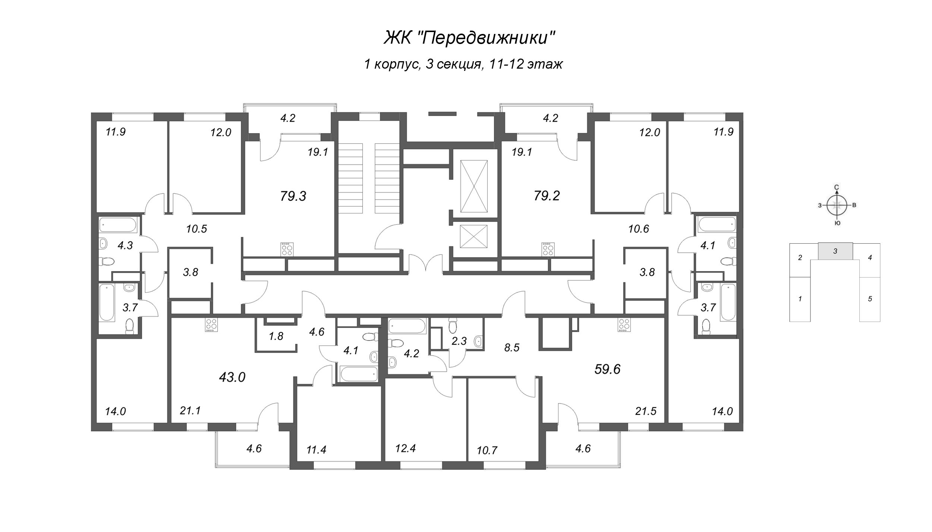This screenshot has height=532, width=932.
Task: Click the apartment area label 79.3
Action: (293, 196)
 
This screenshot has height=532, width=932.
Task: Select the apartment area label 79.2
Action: (547, 195)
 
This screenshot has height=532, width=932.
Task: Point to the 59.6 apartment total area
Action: (607, 369)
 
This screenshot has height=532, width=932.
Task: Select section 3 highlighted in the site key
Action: (835, 251)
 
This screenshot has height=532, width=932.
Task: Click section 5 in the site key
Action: (870, 299)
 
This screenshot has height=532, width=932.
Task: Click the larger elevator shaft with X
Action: (474, 186)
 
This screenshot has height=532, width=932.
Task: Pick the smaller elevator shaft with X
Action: (474, 236)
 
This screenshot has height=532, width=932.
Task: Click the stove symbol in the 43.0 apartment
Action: (211, 325)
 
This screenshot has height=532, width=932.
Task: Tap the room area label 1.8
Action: (276, 336)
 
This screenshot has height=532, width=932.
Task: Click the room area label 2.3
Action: (459, 341)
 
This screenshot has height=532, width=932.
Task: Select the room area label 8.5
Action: (511, 348)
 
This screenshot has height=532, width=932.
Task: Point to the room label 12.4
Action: (406, 448)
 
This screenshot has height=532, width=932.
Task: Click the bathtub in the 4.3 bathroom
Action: (118, 225)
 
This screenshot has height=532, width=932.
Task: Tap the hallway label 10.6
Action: (638, 229)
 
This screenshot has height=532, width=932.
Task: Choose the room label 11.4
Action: (316, 450)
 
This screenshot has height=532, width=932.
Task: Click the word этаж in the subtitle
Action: (548, 65)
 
